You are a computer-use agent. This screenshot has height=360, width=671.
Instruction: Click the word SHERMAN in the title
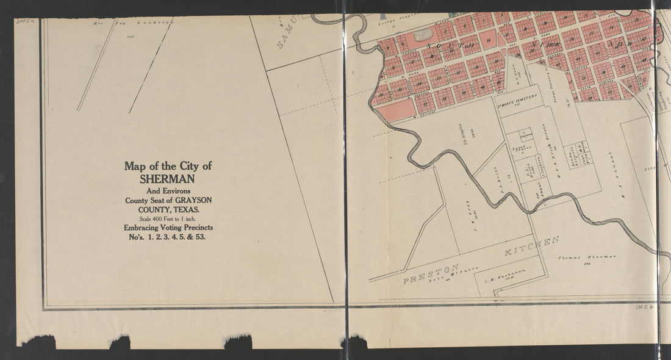[168, 179]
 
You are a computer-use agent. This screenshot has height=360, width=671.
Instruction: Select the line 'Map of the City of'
[168, 166]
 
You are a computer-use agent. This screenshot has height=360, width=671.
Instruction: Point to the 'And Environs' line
[168, 190]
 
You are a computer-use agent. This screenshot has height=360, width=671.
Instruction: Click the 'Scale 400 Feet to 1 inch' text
[168, 218]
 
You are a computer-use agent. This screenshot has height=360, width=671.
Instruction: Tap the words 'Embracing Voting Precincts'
[168, 228]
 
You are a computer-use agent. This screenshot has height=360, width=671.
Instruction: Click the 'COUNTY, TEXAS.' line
[168, 209]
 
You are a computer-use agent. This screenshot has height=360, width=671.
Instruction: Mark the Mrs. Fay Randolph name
[131, 24]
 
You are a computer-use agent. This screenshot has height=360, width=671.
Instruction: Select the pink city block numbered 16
[489, 40]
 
